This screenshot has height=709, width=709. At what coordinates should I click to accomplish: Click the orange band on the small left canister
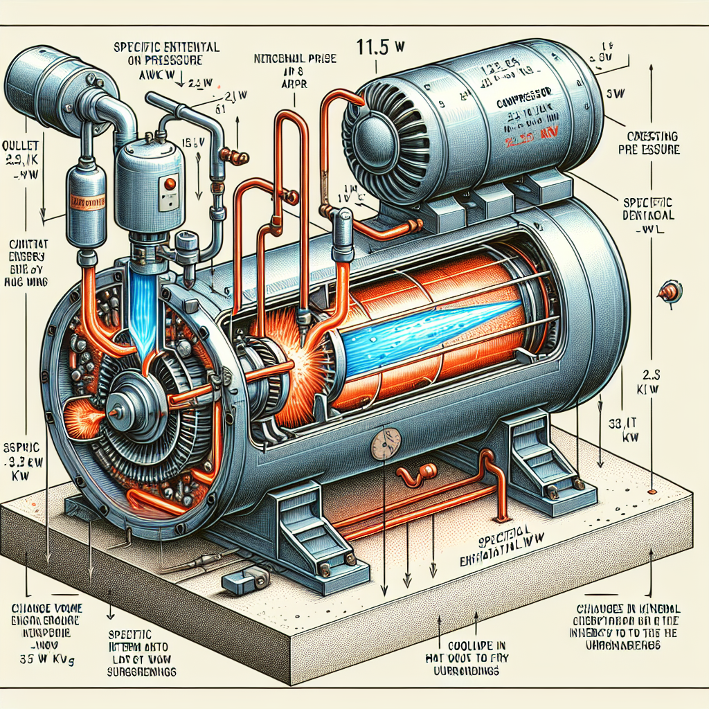(x=86, y=204)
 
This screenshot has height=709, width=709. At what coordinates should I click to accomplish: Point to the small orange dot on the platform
(x=652, y=491)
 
